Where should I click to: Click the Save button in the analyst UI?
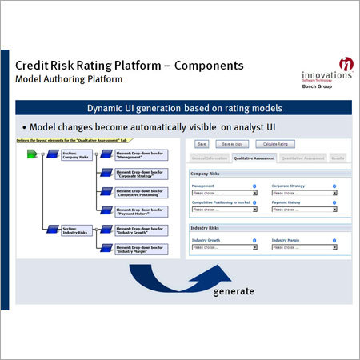coord(201,144)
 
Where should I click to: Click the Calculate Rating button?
coord(272,144)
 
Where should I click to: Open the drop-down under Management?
coord(225,193)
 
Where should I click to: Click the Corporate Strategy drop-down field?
coord(304,193)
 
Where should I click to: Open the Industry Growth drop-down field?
coord(225,247)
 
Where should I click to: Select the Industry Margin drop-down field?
coord(304,247)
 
